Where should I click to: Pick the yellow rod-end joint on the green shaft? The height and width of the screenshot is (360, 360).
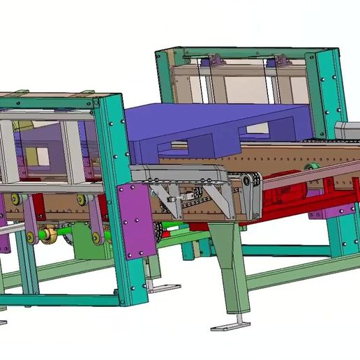48,236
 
